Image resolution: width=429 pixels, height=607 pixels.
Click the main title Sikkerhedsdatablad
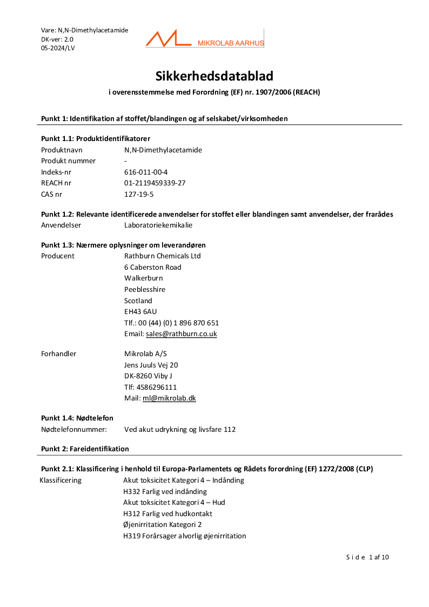tap(215, 76)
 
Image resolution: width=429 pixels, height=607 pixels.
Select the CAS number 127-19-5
tap(139, 194)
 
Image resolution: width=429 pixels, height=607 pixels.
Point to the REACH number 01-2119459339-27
tap(155, 183)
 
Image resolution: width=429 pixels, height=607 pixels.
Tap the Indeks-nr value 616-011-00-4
tap(145, 172)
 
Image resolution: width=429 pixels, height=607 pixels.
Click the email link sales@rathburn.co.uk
tap(181, 334)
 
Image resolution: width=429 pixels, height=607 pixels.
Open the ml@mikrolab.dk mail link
tap(169, 398)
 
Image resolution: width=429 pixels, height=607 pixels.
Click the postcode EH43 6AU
tap(140, 312)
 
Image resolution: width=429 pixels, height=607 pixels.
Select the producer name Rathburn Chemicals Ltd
tap(162, 256)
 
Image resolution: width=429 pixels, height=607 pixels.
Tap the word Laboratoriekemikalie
tap(158, 225)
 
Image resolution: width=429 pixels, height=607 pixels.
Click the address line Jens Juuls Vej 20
tap(151, 365)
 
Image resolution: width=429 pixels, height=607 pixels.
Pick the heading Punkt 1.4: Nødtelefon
tap(77, 418)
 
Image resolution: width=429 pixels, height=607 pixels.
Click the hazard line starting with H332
tap(165, 491)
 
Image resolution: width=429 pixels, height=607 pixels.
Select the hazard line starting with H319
tap(184, 536)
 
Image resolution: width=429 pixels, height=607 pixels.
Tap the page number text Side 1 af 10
tap(367, 557)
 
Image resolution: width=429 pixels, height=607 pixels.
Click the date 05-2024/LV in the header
tap(58, 48)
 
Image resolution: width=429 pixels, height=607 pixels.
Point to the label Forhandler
tap(58, 354)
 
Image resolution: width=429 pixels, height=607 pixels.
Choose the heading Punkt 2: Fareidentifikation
tap(85, 449)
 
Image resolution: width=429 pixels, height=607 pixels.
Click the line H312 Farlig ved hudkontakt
tap(167, 513)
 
